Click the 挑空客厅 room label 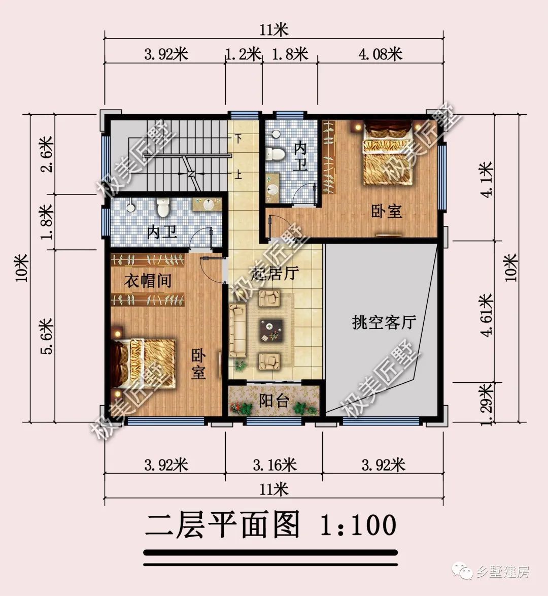(384, 322)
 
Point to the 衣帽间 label (148, 280)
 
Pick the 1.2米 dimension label (243, 53)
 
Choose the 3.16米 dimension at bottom (275, 465)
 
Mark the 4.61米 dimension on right (487, 315)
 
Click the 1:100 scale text (358, 525)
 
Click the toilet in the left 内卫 (163, 207)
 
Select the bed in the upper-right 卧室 (387, 153)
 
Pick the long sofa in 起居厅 (237, 330)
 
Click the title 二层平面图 (223, 525)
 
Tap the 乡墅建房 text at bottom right (502, 572)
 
